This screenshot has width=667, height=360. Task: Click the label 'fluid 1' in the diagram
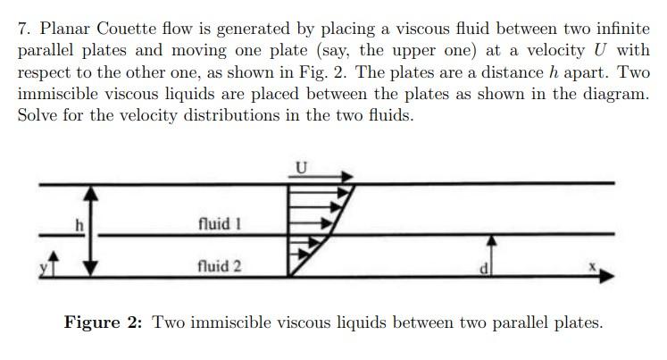[220, 223]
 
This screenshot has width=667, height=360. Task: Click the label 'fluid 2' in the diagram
[220, 265]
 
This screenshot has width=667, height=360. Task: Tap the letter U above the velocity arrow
[301, 167]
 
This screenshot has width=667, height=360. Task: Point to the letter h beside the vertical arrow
[79, 226]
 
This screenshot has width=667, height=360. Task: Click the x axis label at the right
[591, 267]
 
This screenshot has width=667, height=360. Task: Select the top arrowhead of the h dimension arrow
[88, 192]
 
